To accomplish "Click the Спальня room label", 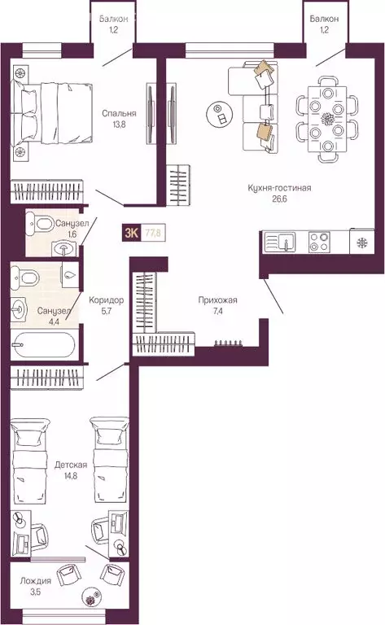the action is point(119,114).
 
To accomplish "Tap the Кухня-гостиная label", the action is point(279,188).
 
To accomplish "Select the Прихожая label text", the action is point(217,300).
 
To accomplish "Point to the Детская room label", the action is point(71,465).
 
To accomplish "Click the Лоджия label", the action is point(36,581).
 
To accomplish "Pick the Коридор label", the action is point(106,300).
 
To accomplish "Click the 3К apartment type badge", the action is point(132,233).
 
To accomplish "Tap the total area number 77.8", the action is point(153,233).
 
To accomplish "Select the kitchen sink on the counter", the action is point(279,242).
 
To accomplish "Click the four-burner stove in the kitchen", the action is point(319,242).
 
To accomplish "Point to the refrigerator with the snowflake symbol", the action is point(362,242).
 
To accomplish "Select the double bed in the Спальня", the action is point(52,112).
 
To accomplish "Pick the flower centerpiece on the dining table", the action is point(327,118).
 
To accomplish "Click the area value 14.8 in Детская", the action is point(71,475).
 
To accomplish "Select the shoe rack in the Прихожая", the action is point(229,343).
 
